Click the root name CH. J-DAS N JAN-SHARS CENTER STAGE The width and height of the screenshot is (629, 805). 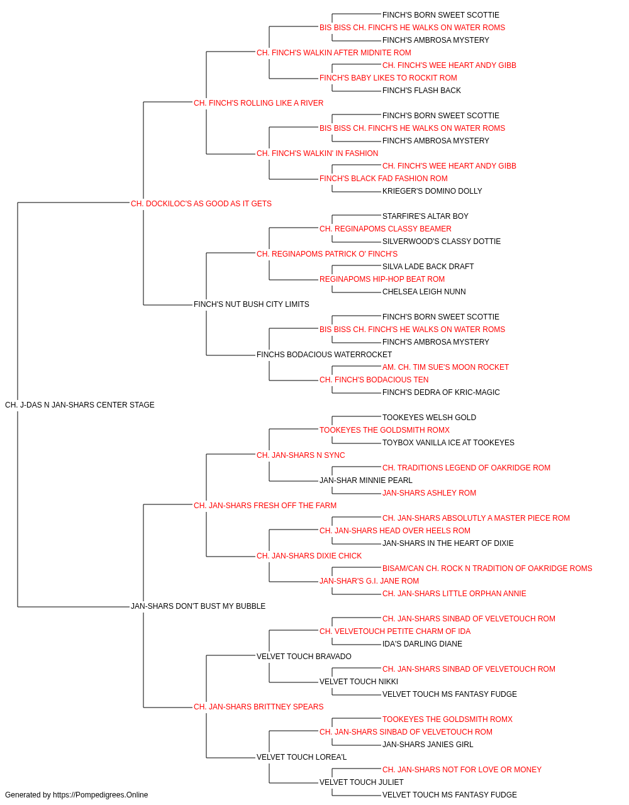click(80, 405)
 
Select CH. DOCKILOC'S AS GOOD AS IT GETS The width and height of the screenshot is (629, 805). click(201, 204)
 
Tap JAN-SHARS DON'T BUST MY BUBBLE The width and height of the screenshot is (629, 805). click(198, 606)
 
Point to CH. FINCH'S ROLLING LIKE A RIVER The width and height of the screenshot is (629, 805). click(259, 103)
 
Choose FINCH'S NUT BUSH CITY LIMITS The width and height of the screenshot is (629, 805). click(252, 304)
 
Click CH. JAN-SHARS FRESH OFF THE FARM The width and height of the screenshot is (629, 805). click(265, 505)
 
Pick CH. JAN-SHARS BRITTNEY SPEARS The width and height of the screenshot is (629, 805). click(259, 706)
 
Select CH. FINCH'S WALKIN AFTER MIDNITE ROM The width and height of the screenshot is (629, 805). click(334, 53)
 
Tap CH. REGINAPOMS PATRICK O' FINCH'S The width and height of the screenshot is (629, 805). click(327, 253)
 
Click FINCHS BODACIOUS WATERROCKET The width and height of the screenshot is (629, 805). click(324, 355)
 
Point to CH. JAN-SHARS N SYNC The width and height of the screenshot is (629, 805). click(301, 455)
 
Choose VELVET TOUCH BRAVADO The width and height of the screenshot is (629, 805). click(304, 657)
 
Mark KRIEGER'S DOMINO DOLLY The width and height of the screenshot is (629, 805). click(432, 191)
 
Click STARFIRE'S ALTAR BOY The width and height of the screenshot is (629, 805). click(426, 216)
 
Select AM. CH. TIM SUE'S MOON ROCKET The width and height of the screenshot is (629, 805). click(445, 367)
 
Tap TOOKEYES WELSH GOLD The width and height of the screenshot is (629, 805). click(430, 418)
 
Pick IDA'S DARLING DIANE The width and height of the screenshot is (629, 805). click(422, 644)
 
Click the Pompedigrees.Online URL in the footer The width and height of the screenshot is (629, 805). click(101, 795)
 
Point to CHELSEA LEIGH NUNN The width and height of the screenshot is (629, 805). click(424, 292)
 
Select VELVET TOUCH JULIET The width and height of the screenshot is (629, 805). click(362, 782)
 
